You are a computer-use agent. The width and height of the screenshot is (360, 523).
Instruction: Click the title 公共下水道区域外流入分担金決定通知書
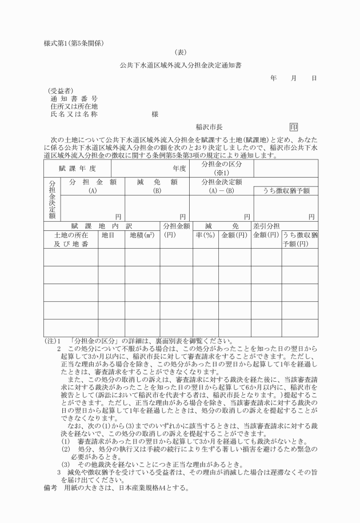click(x=180, y=65)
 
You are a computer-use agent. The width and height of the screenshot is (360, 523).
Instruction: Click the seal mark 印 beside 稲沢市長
click(x=294, y=127)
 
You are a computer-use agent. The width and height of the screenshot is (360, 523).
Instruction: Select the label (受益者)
click(x=60, y=91)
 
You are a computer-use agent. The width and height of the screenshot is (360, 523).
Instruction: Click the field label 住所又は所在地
click(x=74, y=106)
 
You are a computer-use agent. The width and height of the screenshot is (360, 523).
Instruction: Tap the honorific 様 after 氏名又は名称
click(x=154, y=114)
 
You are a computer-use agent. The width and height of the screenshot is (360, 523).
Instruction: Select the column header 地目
click(x=108, y=234)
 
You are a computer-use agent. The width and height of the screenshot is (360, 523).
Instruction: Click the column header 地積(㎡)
click(x=142, y=234)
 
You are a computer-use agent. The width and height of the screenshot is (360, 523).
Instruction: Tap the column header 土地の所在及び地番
click(x=71, y=239)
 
